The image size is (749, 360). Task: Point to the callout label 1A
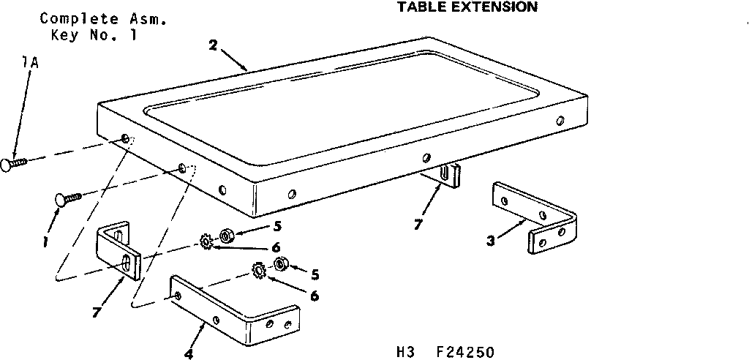point(30,64)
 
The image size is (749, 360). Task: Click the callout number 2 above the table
point(212,45)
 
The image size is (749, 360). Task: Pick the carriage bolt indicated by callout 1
point(66,198)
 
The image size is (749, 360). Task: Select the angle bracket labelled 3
point(536,216)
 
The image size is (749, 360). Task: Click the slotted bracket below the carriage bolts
point(118,250)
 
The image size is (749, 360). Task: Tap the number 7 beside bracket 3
point(417,225)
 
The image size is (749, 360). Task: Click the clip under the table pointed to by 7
point(449,176)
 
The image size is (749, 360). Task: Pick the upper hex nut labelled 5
point(226,236)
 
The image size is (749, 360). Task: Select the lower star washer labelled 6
point(258,271)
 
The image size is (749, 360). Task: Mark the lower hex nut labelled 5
point(279,263)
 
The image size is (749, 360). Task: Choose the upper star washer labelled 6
point(206,241)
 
